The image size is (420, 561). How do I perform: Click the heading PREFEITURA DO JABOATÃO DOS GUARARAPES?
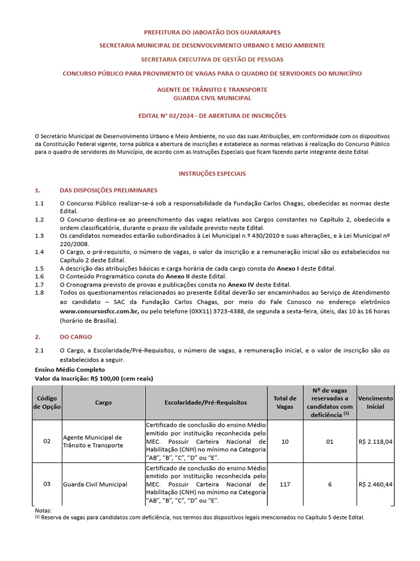212,33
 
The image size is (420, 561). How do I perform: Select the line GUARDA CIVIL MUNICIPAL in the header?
212,98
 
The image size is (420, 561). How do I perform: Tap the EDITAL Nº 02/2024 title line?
212,116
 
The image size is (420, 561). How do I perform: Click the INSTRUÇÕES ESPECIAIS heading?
212,173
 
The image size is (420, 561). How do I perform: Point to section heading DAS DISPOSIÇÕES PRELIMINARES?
108,190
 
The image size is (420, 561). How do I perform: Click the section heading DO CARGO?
75,336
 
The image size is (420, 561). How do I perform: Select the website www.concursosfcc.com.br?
99,311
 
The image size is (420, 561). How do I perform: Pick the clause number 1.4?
39,252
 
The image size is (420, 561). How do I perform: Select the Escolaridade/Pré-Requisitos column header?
206,402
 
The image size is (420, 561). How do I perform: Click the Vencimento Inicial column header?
375,402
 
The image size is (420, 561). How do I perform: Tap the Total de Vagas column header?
285,402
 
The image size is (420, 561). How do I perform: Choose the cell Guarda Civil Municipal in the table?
95,484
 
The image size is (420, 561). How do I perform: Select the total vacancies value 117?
285,484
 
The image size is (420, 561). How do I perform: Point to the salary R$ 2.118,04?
375,441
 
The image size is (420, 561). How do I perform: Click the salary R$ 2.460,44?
375,484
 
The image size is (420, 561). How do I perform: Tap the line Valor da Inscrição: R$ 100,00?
94,379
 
